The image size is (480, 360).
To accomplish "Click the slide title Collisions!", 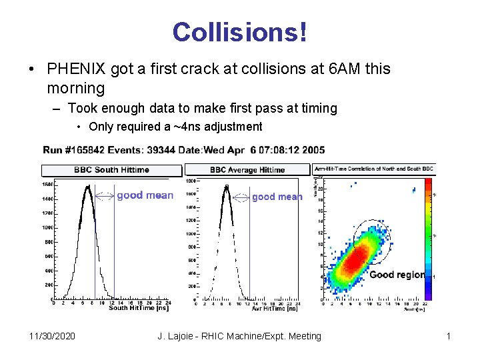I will point(240,33).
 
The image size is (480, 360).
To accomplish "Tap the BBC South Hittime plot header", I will point(111,170).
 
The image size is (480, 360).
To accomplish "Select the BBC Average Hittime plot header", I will point(247,170).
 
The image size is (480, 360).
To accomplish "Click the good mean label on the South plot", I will point(145,195).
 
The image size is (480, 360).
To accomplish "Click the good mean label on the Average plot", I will point(277,197).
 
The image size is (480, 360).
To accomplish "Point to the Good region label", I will point(397,275).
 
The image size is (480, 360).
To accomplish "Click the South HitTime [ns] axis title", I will point(137,308).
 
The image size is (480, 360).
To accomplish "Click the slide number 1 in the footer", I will point(449,336).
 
